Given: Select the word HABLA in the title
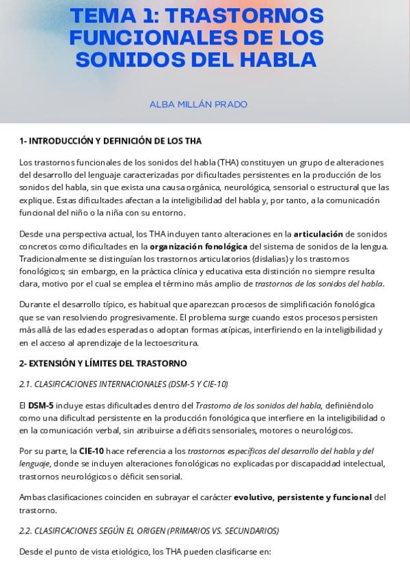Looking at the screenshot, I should point(277,60).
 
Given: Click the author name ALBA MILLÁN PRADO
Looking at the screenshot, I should point(198,105).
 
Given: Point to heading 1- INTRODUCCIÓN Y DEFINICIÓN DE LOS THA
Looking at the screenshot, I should point(110,141).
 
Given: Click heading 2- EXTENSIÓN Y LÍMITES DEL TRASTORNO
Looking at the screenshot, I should point(102,363).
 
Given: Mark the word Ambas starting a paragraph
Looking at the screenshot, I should point(33,497).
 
